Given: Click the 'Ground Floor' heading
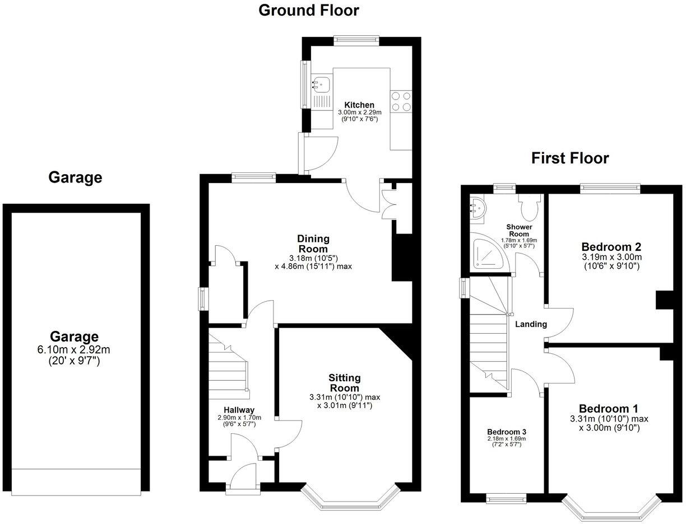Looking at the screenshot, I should (x=308, y=10).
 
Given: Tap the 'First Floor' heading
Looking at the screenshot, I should (x=570, y=158).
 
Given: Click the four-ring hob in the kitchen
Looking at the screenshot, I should (x=401, y=101).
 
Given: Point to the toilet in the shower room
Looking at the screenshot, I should (x=529, y=207).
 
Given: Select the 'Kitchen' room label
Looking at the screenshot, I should (x=359, y=105).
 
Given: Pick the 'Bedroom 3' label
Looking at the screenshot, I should (x=506, y=432).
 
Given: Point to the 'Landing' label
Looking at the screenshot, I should (x=531, y=324).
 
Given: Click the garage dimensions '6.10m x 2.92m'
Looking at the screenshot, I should (x=74, y=350).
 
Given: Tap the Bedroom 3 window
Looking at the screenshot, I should (x=506, y=498).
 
